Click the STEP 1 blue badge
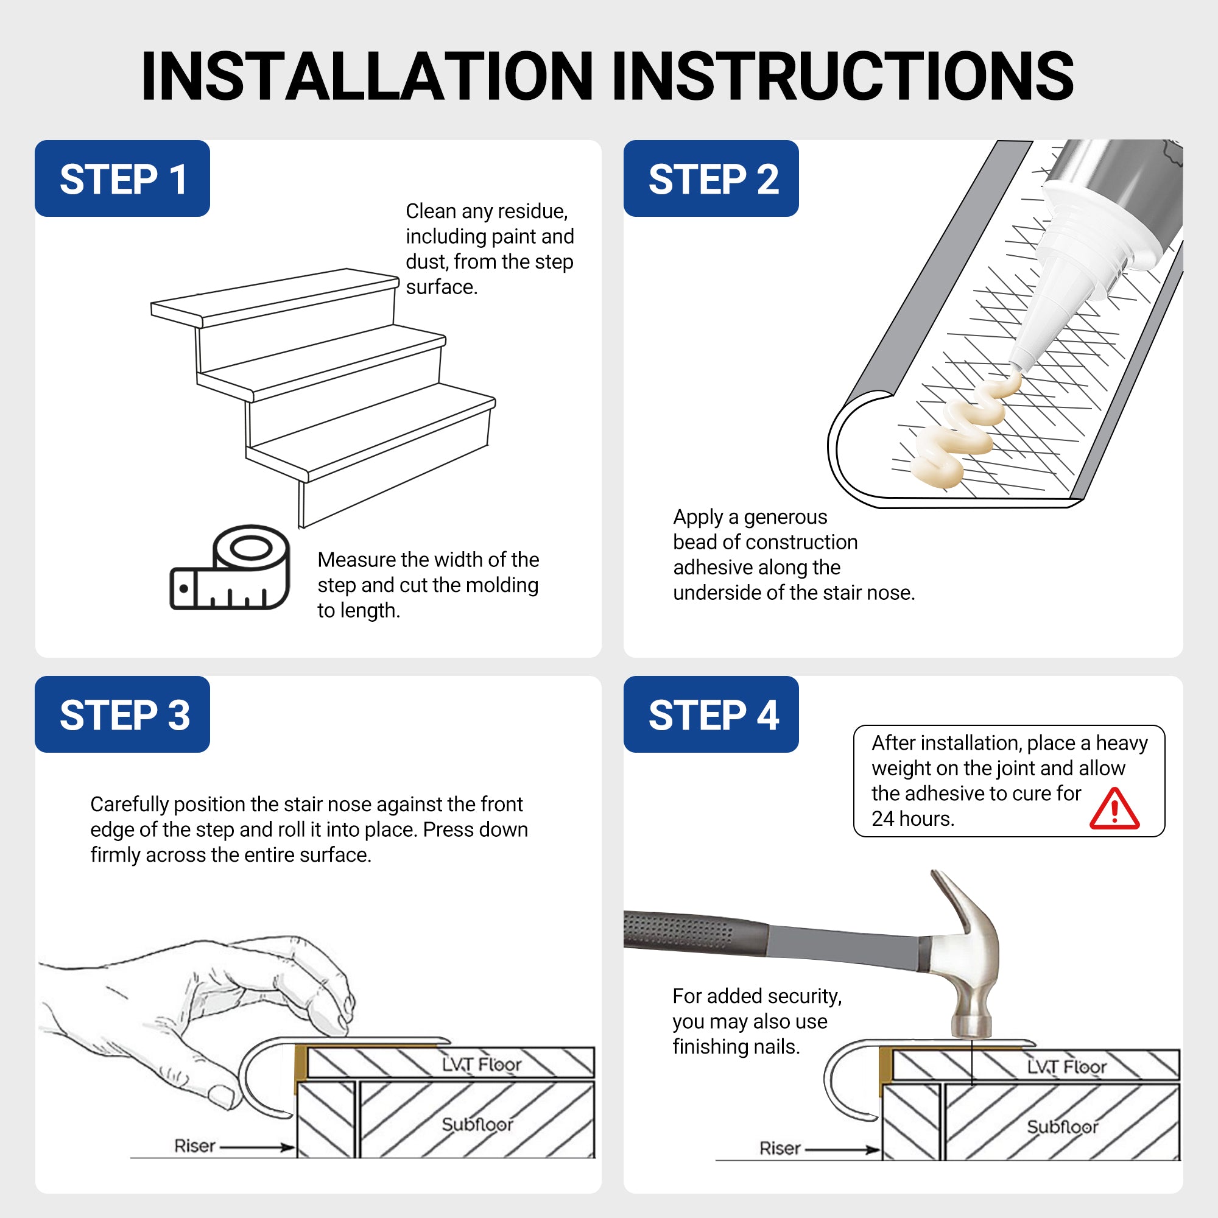122,178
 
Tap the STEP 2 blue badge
711,178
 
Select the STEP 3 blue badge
122,714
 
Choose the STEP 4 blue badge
711,714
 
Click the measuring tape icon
231,569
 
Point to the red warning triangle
1114,810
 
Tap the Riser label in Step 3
195,1146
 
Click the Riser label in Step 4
780,1148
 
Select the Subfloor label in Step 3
477,1124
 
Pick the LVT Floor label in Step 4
1066,1067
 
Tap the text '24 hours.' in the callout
913,818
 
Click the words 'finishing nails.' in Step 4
736,1047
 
